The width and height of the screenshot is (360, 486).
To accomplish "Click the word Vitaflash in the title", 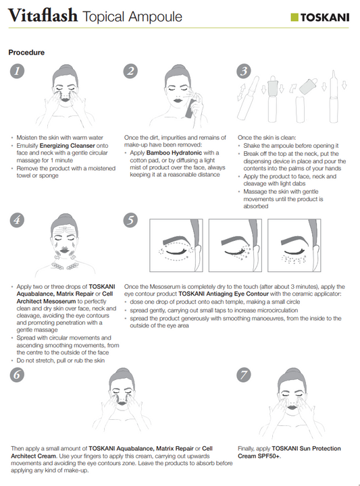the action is pos(43,16).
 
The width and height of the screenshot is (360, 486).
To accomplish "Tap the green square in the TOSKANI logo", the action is pos(294,18).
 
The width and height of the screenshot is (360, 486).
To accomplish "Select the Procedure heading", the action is pos(26,53).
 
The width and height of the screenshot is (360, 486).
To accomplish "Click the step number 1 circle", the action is pos(17,71).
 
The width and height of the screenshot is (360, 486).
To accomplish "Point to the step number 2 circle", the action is pos(130,71).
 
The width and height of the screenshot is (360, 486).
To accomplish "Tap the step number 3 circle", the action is pos(244,71).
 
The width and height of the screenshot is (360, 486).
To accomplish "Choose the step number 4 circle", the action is pos(17,220).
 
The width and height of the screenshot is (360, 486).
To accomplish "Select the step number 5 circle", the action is pos(130,220).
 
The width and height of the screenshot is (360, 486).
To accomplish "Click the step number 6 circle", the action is pos(17,375).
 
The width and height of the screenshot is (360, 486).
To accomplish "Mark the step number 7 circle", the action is pos(244,375).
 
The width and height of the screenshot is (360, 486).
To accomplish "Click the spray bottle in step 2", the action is pos(190,107).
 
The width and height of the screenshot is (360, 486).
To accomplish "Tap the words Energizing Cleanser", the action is pos(68,145).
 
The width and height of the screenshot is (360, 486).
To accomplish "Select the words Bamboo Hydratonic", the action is pos(174,153).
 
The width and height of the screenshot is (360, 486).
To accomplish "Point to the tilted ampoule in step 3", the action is pos(248,98).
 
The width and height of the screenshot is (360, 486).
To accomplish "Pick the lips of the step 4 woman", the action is pos(66,250).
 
